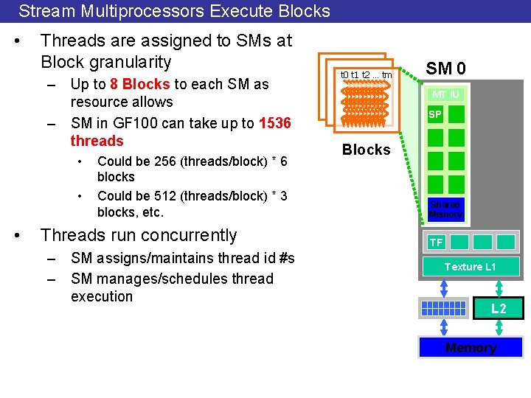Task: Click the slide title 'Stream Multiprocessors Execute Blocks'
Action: pyautogui.click(x=174, y=11)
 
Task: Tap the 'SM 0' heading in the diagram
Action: pyautogui.click(x=446, y=69)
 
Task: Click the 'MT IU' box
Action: pyautogui.click(x=445, y=94)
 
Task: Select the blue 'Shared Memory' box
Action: pyautogui.click(x=445, y=209)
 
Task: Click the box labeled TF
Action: pyautogui.click(x=437, y=242)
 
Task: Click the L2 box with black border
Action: pyautogui.click(x=499, y=308)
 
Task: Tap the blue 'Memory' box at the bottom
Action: pyautogui.click(x=471, y=347)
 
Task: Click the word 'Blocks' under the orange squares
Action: pyautogui.click(x=366, y=150)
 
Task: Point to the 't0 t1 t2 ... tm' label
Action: pyautogui.click(x=366, y=74)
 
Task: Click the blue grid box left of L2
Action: pyautogui.click(x=442, y=308)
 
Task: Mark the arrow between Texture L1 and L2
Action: pyautogui.click(x=499, y=287)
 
